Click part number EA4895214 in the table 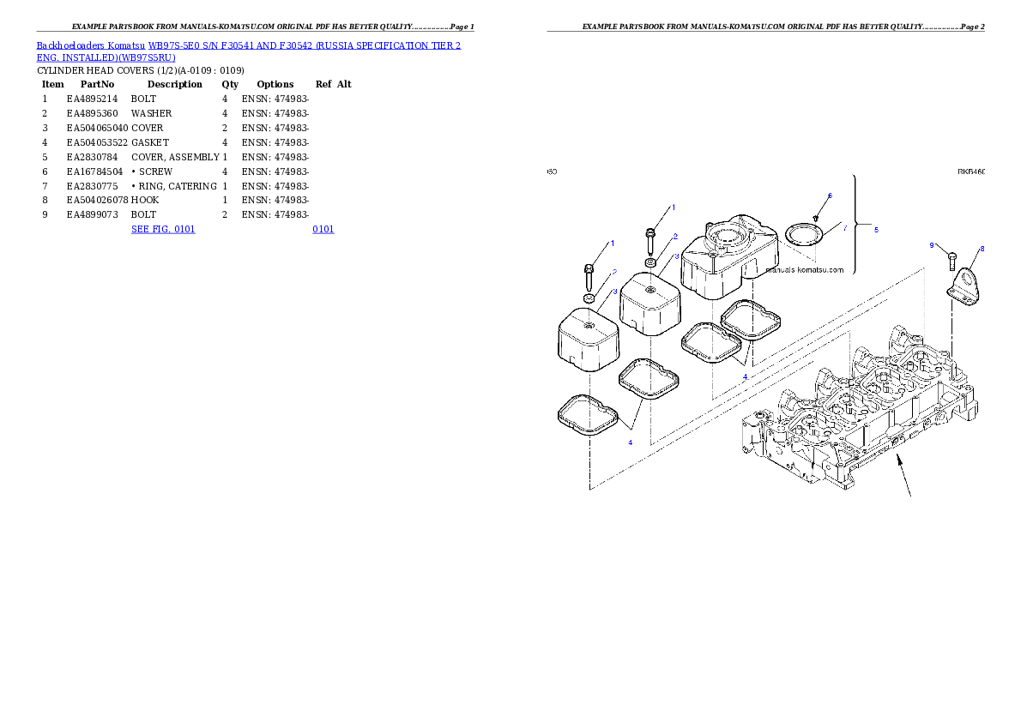[x=92, y=99]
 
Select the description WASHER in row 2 [x=151, y=113]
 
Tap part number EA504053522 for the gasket [x=97, y=142]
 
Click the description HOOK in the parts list [x=144, y=200]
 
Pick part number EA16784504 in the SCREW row [x=94, y=171]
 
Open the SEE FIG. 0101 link [x=163, y=229]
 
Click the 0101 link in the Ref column [x=323, y=229]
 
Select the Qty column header [x=230, y=84]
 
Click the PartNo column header [x=97, y=84]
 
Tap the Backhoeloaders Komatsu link [x=90, y=45]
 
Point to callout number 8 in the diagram [x=982, y=249]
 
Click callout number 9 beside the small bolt [x=932, y=245]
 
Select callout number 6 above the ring [x=830, y=196]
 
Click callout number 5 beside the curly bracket [x=876, y=229]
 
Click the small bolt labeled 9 [x=952, y=261]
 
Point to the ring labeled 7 [x=805, y=235]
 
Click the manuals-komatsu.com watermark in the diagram [x=805, y=269]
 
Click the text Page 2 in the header [x=972, y=27]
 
